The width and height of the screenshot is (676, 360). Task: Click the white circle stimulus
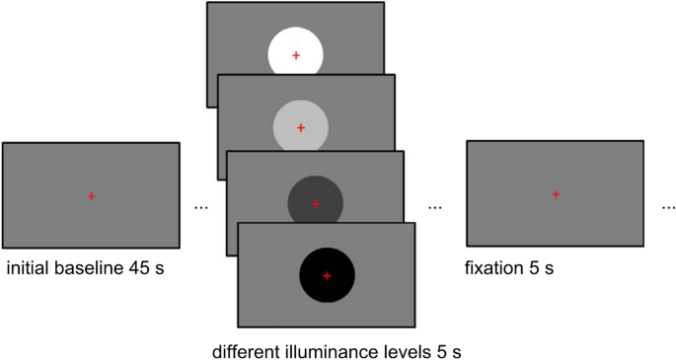(281, 47)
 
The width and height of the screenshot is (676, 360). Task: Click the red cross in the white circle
(296, 56)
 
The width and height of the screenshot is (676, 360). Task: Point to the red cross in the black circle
(327, 275)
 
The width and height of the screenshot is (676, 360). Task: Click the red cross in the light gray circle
(301, 127)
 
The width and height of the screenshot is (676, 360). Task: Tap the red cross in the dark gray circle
(316, 204)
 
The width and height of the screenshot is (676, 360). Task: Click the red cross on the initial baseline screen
(91, 196)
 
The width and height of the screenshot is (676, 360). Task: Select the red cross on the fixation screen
(556, 194)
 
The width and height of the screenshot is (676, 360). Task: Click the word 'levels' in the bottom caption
(389, 350)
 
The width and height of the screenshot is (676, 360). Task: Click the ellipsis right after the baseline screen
(201, 208)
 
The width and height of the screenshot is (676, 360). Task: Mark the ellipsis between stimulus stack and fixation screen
(435, 208)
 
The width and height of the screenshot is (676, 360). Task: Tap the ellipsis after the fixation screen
(668, 208)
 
